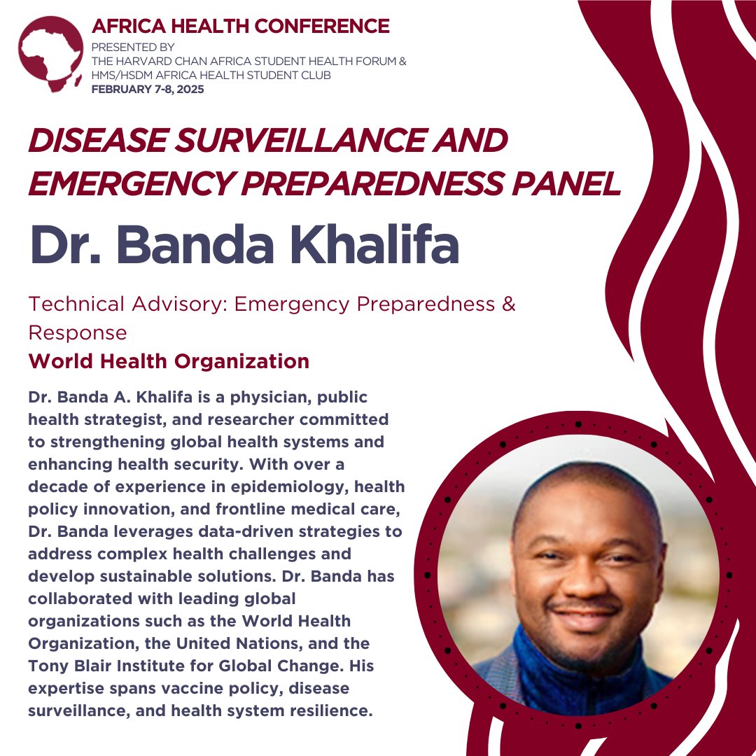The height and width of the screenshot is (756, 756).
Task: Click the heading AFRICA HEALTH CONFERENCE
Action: [240, 27]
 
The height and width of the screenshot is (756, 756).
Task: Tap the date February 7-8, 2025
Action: [148, 89]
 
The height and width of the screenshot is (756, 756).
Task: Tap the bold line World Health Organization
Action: [169, 361]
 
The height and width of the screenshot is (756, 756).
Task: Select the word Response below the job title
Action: [78, 332]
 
